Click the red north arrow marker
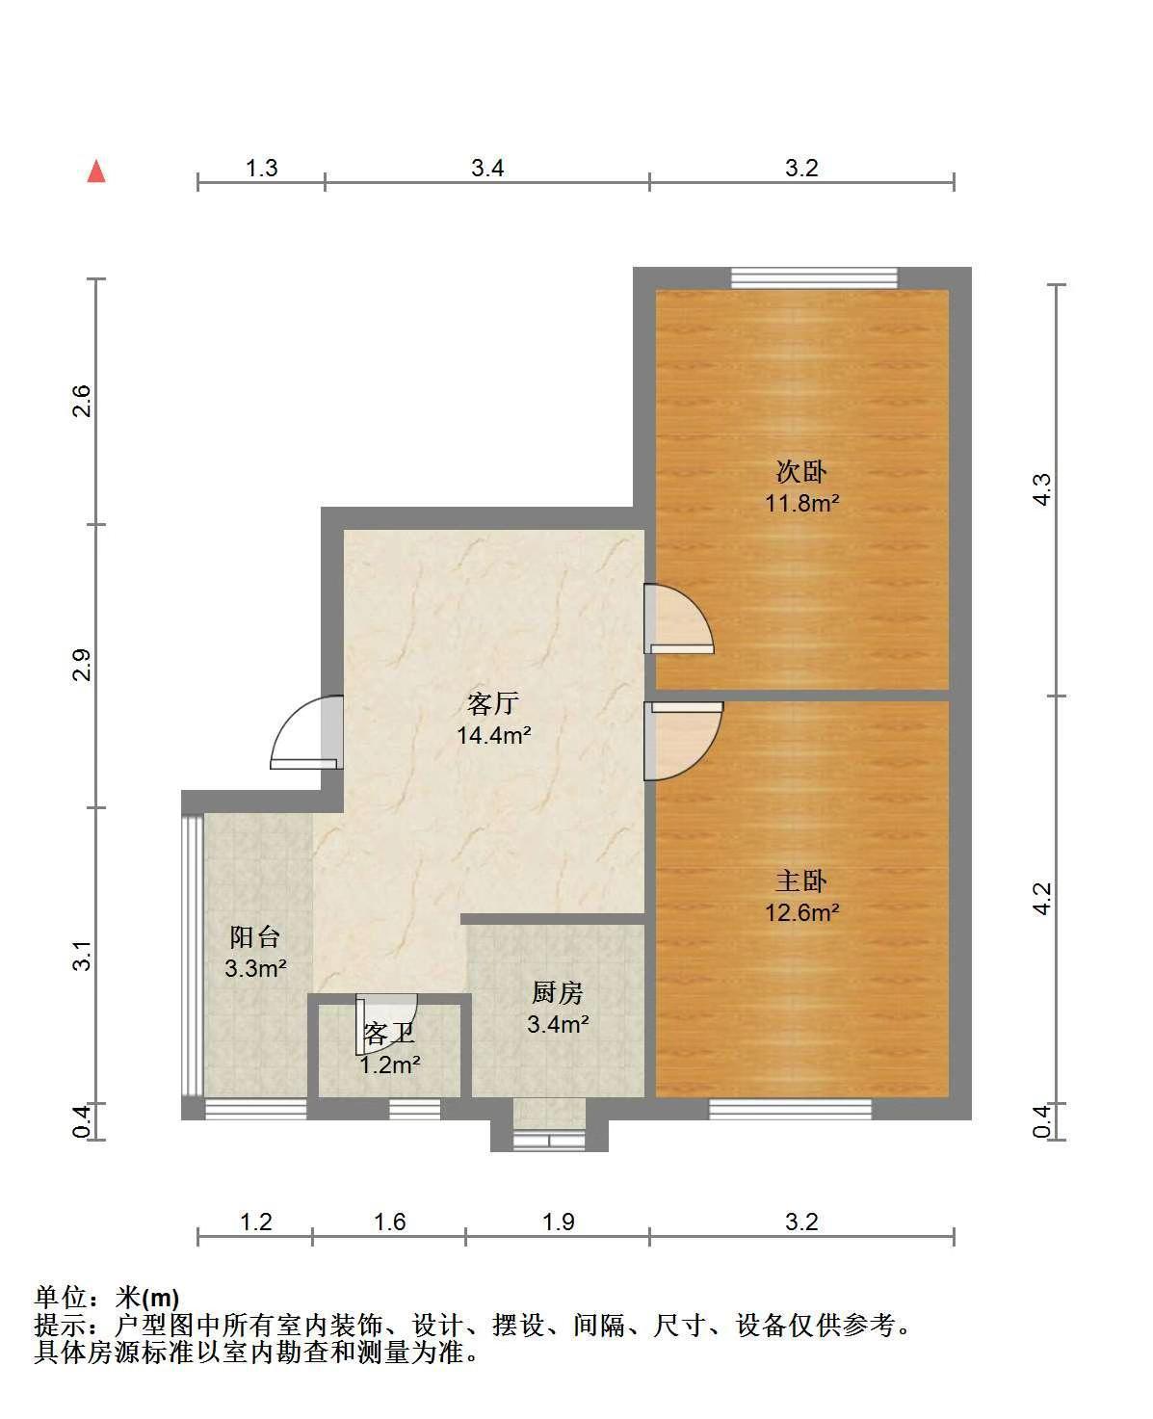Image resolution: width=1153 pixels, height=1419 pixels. tap(96, 171)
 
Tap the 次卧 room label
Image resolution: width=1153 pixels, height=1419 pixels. tap(801, 472)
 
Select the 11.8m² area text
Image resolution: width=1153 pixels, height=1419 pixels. tap(802, 503)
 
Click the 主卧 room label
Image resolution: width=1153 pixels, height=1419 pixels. tap(801, 881)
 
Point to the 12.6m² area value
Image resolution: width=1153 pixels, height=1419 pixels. tap(802, 912)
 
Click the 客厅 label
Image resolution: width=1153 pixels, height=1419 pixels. tap(493, 703)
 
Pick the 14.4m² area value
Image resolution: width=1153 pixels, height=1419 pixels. tap(493, 735)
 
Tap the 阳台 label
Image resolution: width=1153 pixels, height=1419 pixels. tap(255, 937)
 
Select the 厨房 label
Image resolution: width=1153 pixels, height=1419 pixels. tap(558, 993)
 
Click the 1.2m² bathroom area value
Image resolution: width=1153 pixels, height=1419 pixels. tap(390, 1065)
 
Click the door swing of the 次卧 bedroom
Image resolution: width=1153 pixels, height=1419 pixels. tap(679, 618)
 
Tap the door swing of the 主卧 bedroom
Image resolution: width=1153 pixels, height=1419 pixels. tap(683, 740)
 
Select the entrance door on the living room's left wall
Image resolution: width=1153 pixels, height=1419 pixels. tap(307, 732)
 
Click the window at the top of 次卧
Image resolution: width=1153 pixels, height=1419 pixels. tap(814, 277)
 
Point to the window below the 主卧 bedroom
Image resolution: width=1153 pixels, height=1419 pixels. tap(790, 1109)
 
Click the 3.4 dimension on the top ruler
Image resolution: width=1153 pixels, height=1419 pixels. tap(487, 168)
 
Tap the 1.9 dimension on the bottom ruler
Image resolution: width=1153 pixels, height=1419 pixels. tap(558, 1222)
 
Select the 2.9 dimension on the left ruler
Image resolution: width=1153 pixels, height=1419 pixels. tap(81, 664)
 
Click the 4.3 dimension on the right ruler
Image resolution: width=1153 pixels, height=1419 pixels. tap(1042, 489)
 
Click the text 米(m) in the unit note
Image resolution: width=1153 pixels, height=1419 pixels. tap(147, 1298)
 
